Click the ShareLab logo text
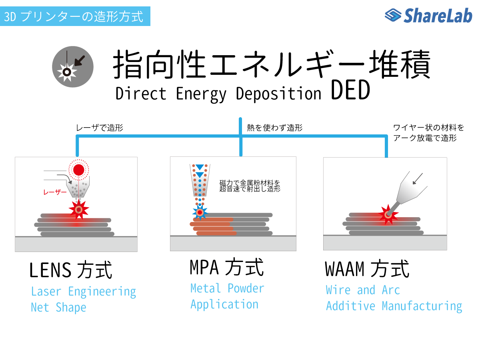coord(438,16)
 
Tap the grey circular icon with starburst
coord(73,67)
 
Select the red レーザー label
coord(55,192)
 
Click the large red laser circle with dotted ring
coord(79,170)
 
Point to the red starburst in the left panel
coord(79,210)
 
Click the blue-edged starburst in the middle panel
coord(200,212)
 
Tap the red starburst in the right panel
coord(388,215)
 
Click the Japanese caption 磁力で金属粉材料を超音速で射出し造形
coord(250,186)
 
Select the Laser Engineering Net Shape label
coord(83,299)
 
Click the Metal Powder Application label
coord(227,296)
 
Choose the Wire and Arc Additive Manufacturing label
coord(394,298)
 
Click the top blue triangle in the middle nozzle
coord(200,167)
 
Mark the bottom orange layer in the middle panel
coord(216,233)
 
